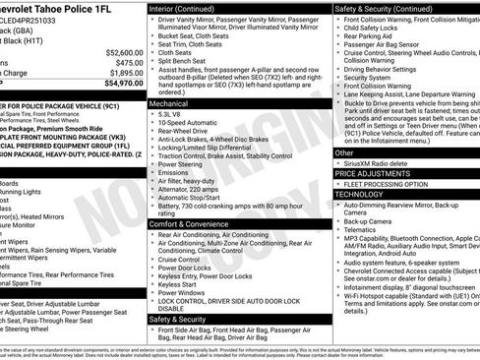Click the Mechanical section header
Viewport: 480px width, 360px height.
[x=169, y=102]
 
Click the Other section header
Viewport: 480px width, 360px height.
[x=344, y=153]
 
